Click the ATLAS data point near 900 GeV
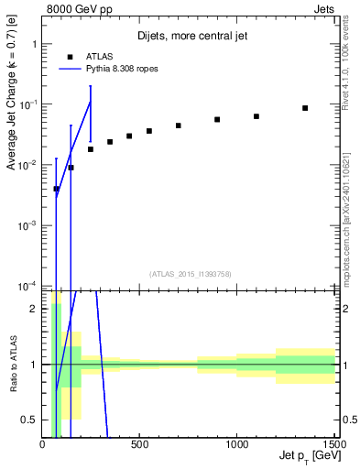click(x=217, y=119)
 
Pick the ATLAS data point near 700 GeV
click(x=178, y=125)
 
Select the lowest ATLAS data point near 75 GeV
click(x=57, y=189)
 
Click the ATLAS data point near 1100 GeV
click(x=256, y=116)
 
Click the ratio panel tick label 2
click(x=34, y=309)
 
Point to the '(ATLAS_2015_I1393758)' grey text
click(x=189, y=274)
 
